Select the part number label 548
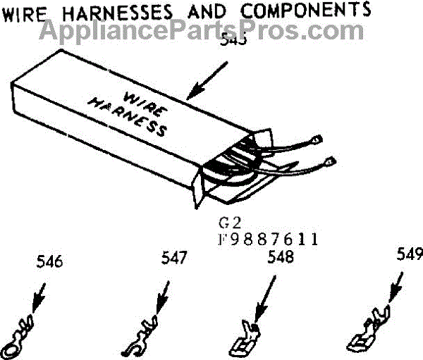[281, 257]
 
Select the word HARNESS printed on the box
[128, 116]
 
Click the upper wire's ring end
[317, 139]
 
